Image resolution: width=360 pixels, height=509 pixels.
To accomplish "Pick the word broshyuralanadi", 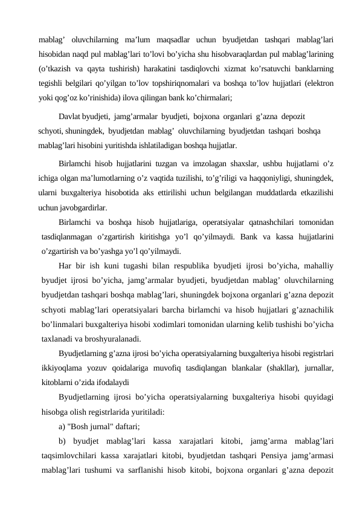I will pos(113,337).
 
